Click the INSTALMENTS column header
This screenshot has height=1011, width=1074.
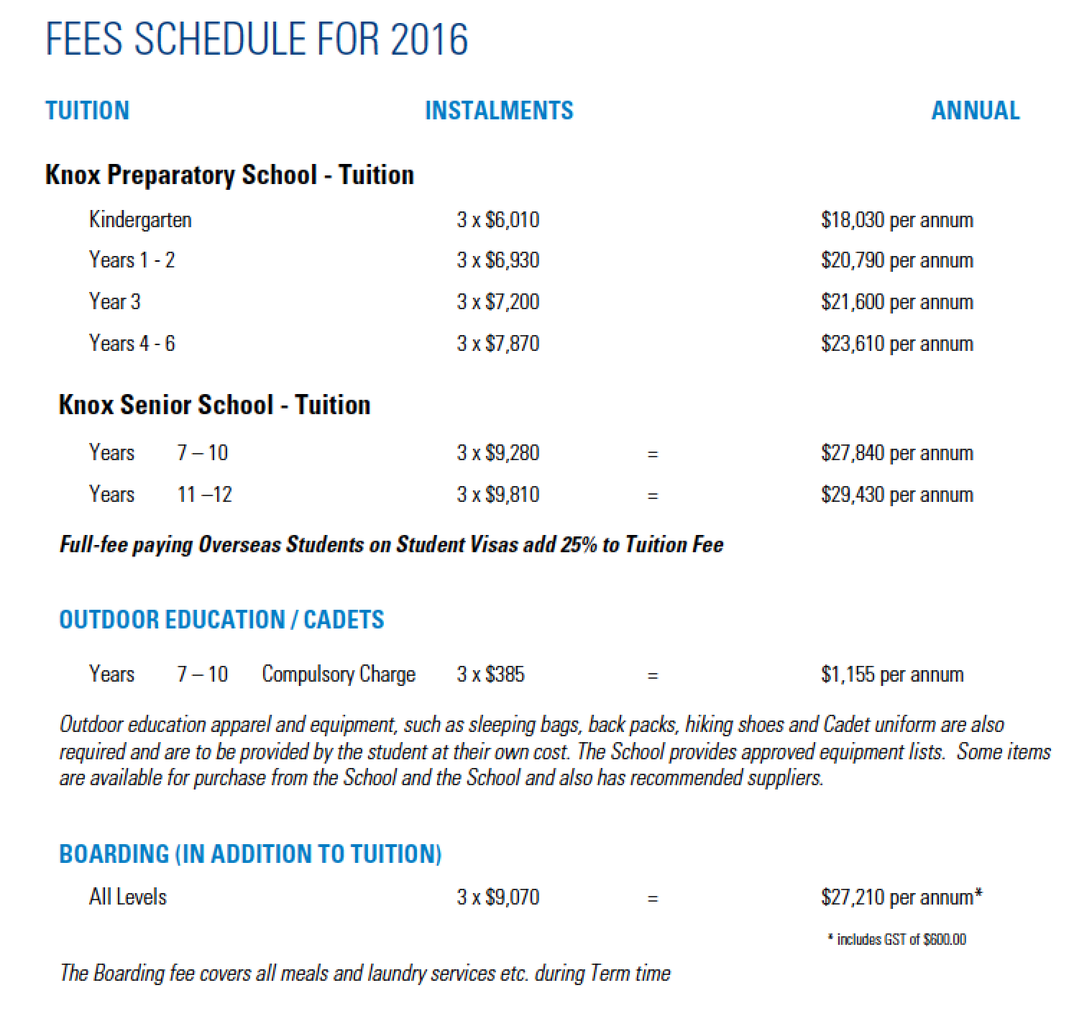click(499, 111)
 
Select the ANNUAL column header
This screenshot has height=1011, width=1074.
click(975, 111)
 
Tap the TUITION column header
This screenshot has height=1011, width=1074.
click(87, 111)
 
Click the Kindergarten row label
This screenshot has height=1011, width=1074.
click(140, 219)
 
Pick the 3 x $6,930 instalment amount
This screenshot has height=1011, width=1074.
click(497, 260)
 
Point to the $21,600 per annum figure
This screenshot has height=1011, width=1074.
click(896, 302)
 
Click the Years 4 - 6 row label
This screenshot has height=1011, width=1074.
click(132, 343)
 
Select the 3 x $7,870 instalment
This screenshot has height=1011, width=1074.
click(497, 343)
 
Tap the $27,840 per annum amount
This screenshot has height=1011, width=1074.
click(896, 453)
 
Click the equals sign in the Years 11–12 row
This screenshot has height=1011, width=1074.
click(652, 495)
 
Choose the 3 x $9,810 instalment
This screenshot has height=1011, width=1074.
click(497, 495)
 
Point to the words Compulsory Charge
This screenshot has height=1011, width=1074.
click(339, 674)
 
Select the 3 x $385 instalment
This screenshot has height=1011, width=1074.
click(490, 674)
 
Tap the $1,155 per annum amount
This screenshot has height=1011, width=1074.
click(891, 674)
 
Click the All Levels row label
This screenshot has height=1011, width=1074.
click(127, 897)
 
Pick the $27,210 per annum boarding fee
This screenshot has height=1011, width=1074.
click(901, 897)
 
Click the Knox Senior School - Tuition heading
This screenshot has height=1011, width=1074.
click(214, 405)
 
